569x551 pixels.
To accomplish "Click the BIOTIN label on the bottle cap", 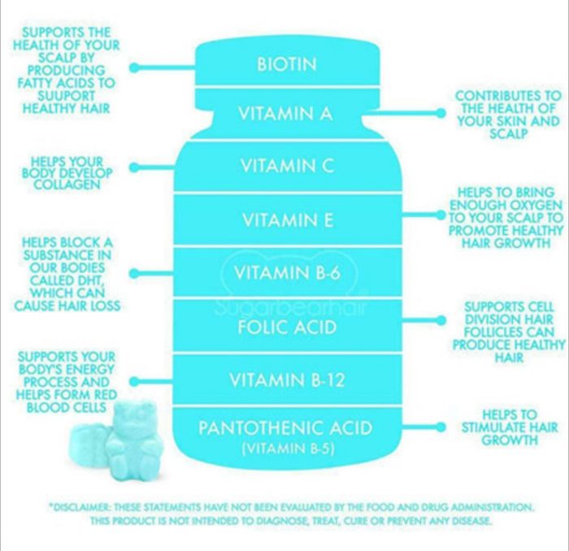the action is point(287,64).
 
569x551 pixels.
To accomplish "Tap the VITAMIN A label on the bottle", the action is point(285,113).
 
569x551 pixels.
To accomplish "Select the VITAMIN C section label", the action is point(287,166).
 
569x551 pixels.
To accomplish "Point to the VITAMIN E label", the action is point(288,219).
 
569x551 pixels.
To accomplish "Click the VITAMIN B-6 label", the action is point(287,272).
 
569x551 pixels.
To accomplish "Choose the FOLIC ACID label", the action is point(287,327).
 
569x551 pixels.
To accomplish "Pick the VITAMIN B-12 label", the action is point(287,380).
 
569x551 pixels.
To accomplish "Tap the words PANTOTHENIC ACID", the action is point(285,427).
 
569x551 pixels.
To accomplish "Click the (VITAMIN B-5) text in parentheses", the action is point(288,449).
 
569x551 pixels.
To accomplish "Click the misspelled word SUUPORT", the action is point(67,96).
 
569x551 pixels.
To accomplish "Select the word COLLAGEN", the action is point(67,184).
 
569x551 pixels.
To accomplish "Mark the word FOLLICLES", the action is point(509,332).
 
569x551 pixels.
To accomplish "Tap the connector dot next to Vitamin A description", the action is point(441,113).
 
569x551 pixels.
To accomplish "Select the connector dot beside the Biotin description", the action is point(134,67).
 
